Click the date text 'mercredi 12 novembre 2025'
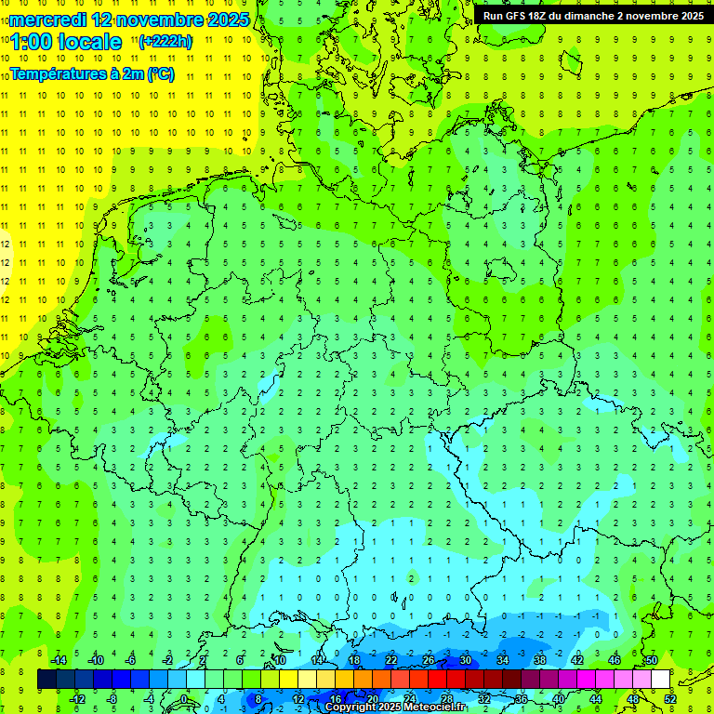pos(128,20)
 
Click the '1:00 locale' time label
pos(66,42)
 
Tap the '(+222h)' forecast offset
pos(165,42)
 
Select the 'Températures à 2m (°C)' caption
pos(91,74)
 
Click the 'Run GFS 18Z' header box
pos(593,16)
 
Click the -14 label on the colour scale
pos(59,660)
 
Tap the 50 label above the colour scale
pos(652,660)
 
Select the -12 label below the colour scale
pos(78,698)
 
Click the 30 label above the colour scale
pos(466,660)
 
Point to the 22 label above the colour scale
pos(391,660)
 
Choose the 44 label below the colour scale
pos(596,698)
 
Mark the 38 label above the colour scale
pos(540,660)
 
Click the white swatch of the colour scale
pos(661,679)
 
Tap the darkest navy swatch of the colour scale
pos(46,679)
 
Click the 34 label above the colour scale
pos(503,660)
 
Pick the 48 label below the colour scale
pos(633,698)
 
